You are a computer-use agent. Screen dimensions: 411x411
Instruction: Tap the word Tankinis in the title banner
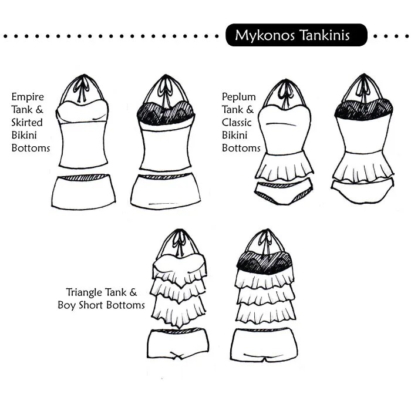tap(325, 35)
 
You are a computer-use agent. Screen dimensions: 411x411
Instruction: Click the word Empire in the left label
tap(28, 97)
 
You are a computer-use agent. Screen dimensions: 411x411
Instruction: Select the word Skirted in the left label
tap(27, 122)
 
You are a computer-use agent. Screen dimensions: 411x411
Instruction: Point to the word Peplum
tap(239, 97)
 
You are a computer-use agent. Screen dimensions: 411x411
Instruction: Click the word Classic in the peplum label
tap(237, 122)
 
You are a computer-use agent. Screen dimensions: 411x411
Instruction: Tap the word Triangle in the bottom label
tap(83, 293)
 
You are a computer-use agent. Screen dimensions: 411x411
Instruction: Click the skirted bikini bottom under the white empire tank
tap(83, 191)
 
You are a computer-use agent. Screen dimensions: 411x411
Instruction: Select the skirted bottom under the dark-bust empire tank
tap(166, 191)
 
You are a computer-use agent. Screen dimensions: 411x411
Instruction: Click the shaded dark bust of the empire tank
tap(166, 113)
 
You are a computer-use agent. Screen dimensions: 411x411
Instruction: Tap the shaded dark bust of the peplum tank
tap(363, 110)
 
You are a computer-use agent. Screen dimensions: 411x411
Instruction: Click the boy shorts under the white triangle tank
tap(178, 344)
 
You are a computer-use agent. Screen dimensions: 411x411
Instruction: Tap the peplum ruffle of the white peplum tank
tap(284, 166)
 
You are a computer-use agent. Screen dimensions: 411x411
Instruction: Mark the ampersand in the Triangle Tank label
tap(133, 292)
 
